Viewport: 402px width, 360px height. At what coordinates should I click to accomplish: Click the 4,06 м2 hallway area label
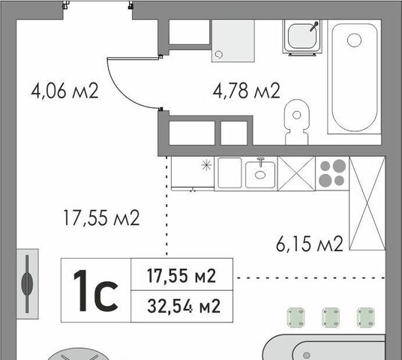[x=64, y=91]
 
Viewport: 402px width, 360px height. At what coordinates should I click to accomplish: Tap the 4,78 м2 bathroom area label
[x=247, y=91]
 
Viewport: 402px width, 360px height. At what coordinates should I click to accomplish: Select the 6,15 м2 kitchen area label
[x=310, y=244]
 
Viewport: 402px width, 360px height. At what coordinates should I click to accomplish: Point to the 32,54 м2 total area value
[x=184, y=306]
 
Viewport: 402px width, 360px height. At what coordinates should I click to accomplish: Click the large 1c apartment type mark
[x=96, y=291]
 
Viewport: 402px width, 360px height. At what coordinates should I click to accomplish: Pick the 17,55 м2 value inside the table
[x=181, y=276]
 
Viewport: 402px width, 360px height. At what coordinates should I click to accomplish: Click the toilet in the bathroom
[x=297, y=122]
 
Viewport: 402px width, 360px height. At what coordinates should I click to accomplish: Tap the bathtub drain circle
[x=354, y=40]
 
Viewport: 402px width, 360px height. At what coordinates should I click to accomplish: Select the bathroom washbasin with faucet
[x=302, y=37]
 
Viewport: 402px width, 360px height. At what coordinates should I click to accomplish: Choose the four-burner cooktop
[x=332, y=173]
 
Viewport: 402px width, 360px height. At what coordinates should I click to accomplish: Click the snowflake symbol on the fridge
[x=206, y=165]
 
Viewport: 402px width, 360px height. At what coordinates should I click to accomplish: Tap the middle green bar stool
[x=331, y=318]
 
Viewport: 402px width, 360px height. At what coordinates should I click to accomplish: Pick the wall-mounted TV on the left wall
[x=28, y=283]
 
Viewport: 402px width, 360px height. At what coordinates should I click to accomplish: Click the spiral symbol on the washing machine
[x=219, y=55]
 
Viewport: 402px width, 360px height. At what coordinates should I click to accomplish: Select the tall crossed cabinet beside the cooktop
[x=367, y=203]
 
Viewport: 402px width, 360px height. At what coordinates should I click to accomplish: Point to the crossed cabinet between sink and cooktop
[x=297, y=173]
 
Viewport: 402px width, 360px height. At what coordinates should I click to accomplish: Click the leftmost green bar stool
[x=295, y=318]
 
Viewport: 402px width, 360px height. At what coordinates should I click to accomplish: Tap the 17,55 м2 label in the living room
[x=101, y=218]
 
